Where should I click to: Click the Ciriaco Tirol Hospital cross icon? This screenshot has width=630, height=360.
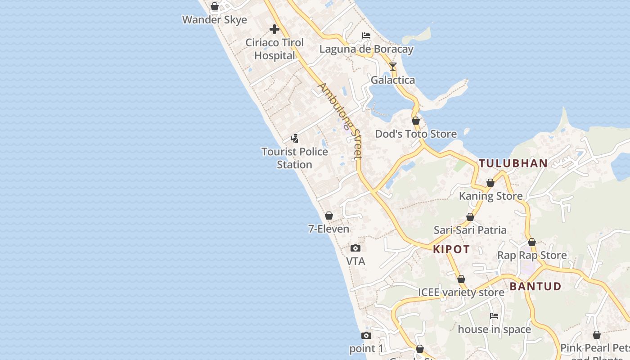pyautogui.click(x=274, y=30)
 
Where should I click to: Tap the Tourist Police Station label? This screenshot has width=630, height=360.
pyautogui.click(x=295, y=158)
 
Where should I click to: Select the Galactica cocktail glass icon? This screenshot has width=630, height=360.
pyautogui.click(x=393, y=67)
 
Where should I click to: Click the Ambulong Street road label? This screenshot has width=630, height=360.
pyautogui.click(x=340, y=120)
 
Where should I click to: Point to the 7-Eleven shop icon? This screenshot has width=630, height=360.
pyautogui.click(x=329, y=216)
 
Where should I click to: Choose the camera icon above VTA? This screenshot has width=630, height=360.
pyautogui.click(x=355, y=248)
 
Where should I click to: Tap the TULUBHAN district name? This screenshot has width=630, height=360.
pyautogui.click(x=513, y=163)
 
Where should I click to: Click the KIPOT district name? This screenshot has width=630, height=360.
pyautogui.click(x=451, y=249)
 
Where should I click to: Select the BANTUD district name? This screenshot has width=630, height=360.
pyautogui.click(x=535, y=286)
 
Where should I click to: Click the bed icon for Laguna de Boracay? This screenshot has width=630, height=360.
pyautogui.click(x=366, y=36)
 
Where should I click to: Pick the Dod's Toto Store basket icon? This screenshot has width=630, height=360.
pyautogui.click(x=416, y=121)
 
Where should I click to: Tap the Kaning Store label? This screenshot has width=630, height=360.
pyautogui.click(x=490, y=196)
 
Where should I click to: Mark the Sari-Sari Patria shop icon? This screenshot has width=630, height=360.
pyautogui.click(x=470, y=217)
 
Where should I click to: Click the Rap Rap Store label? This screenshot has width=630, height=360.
pyautogui.click(x=532, y=255)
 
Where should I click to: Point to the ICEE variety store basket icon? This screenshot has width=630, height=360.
pyautogui.click(x=461, y=279)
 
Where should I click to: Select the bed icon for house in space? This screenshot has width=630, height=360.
pyautogui.click(x=494, y=316)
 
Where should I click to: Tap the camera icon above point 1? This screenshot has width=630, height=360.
pyautogui.click(x=366, y=335)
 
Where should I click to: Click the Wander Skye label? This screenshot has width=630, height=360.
pyautogui.click(x=215, y=20)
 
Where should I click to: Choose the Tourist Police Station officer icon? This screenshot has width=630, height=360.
pyautogui.click(x=295, y=138)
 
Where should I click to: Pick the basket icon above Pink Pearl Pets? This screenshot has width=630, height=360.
pyautogui.click(x=597, y=335)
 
